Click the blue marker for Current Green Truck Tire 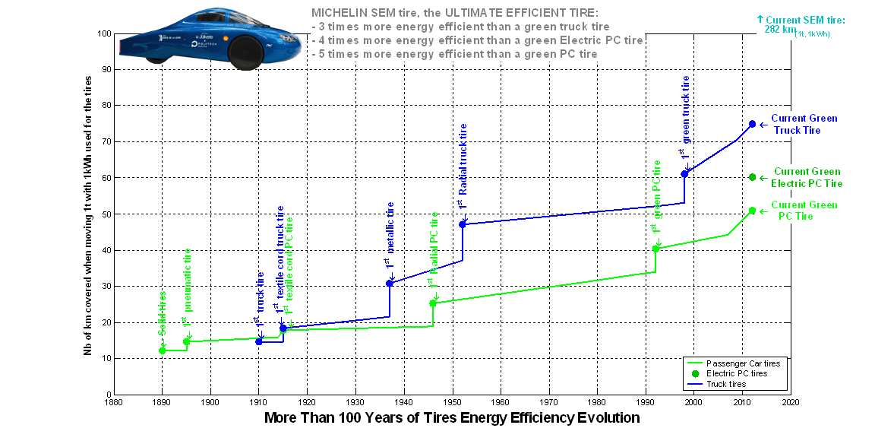point(752,124)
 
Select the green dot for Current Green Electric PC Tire point(752,177)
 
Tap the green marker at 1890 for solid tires point(162,350)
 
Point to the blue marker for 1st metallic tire point(390,283)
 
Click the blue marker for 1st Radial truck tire point(463,224)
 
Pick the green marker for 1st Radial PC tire point(433,303)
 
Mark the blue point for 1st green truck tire point(684,174)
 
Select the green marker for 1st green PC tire point(655,249)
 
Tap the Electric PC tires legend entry point(736,374)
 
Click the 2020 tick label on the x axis point(790,402)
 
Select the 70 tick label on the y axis point(105,142)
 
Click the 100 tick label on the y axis point(103,34)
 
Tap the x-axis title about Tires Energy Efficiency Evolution point(451,418)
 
